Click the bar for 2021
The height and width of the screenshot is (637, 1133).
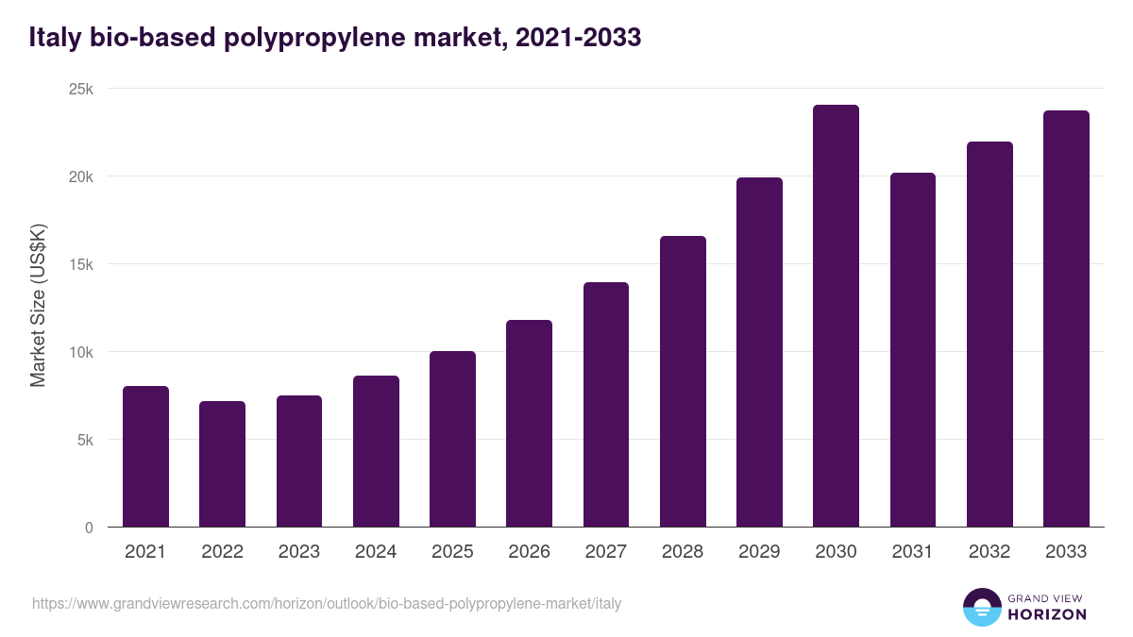pos(145,457)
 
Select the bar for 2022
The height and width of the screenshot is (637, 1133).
pos(222,464)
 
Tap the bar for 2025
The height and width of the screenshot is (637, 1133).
pos(452,439)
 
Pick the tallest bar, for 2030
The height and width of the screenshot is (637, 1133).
pos(836,316)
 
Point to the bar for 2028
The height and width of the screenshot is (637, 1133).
pos(683,381)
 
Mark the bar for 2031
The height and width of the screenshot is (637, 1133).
pos(912,350)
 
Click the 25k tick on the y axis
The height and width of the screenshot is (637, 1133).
pos(82,89)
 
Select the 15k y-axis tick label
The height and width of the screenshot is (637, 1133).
pos(82,264)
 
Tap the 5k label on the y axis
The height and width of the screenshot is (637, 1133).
pos(85,440)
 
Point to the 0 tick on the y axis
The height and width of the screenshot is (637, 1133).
pos(89,528)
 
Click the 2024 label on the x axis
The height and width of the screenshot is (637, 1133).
pos(376,552)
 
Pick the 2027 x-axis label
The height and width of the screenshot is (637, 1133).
pos(605,552)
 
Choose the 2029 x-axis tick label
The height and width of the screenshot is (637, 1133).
pos(759,552)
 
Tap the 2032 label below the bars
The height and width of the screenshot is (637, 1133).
pos(989,552)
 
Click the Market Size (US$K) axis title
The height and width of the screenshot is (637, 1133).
pos(38,305)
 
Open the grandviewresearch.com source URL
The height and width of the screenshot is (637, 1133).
pos(327,603)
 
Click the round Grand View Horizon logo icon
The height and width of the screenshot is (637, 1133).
pos(981,607)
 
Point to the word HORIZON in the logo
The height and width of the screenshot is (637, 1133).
pos(1047,614)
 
